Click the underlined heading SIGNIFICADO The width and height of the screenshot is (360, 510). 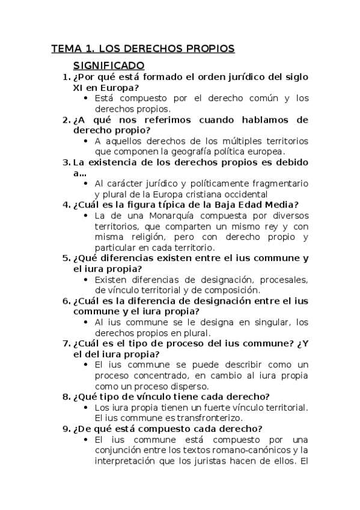(109, 64)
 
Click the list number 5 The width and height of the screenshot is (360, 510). (66, 259)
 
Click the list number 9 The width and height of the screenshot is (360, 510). (66, 429)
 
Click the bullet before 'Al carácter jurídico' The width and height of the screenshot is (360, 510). (88, 183)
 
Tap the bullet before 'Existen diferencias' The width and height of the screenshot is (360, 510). (88, 280)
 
